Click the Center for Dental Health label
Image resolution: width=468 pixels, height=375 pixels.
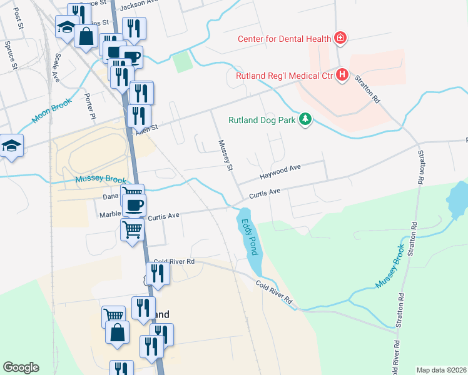point(283,39)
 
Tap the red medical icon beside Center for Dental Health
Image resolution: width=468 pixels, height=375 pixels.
point(340,39)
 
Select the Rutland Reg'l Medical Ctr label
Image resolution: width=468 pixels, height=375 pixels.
point(285,76)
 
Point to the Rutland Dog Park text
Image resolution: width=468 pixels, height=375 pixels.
point(262,119)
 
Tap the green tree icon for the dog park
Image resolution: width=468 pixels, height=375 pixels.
point(305,119)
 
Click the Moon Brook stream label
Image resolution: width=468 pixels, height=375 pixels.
point(53,111)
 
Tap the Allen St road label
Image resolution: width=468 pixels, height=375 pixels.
point(148,127)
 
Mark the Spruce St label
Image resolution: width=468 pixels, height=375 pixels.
point(11,52)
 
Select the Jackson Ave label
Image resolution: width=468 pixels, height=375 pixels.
point(136,5)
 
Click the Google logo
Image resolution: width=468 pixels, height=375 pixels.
point(21,367)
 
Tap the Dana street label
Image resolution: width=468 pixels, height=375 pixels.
point(110,196)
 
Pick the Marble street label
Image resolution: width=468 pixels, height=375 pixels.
point(110,214)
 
